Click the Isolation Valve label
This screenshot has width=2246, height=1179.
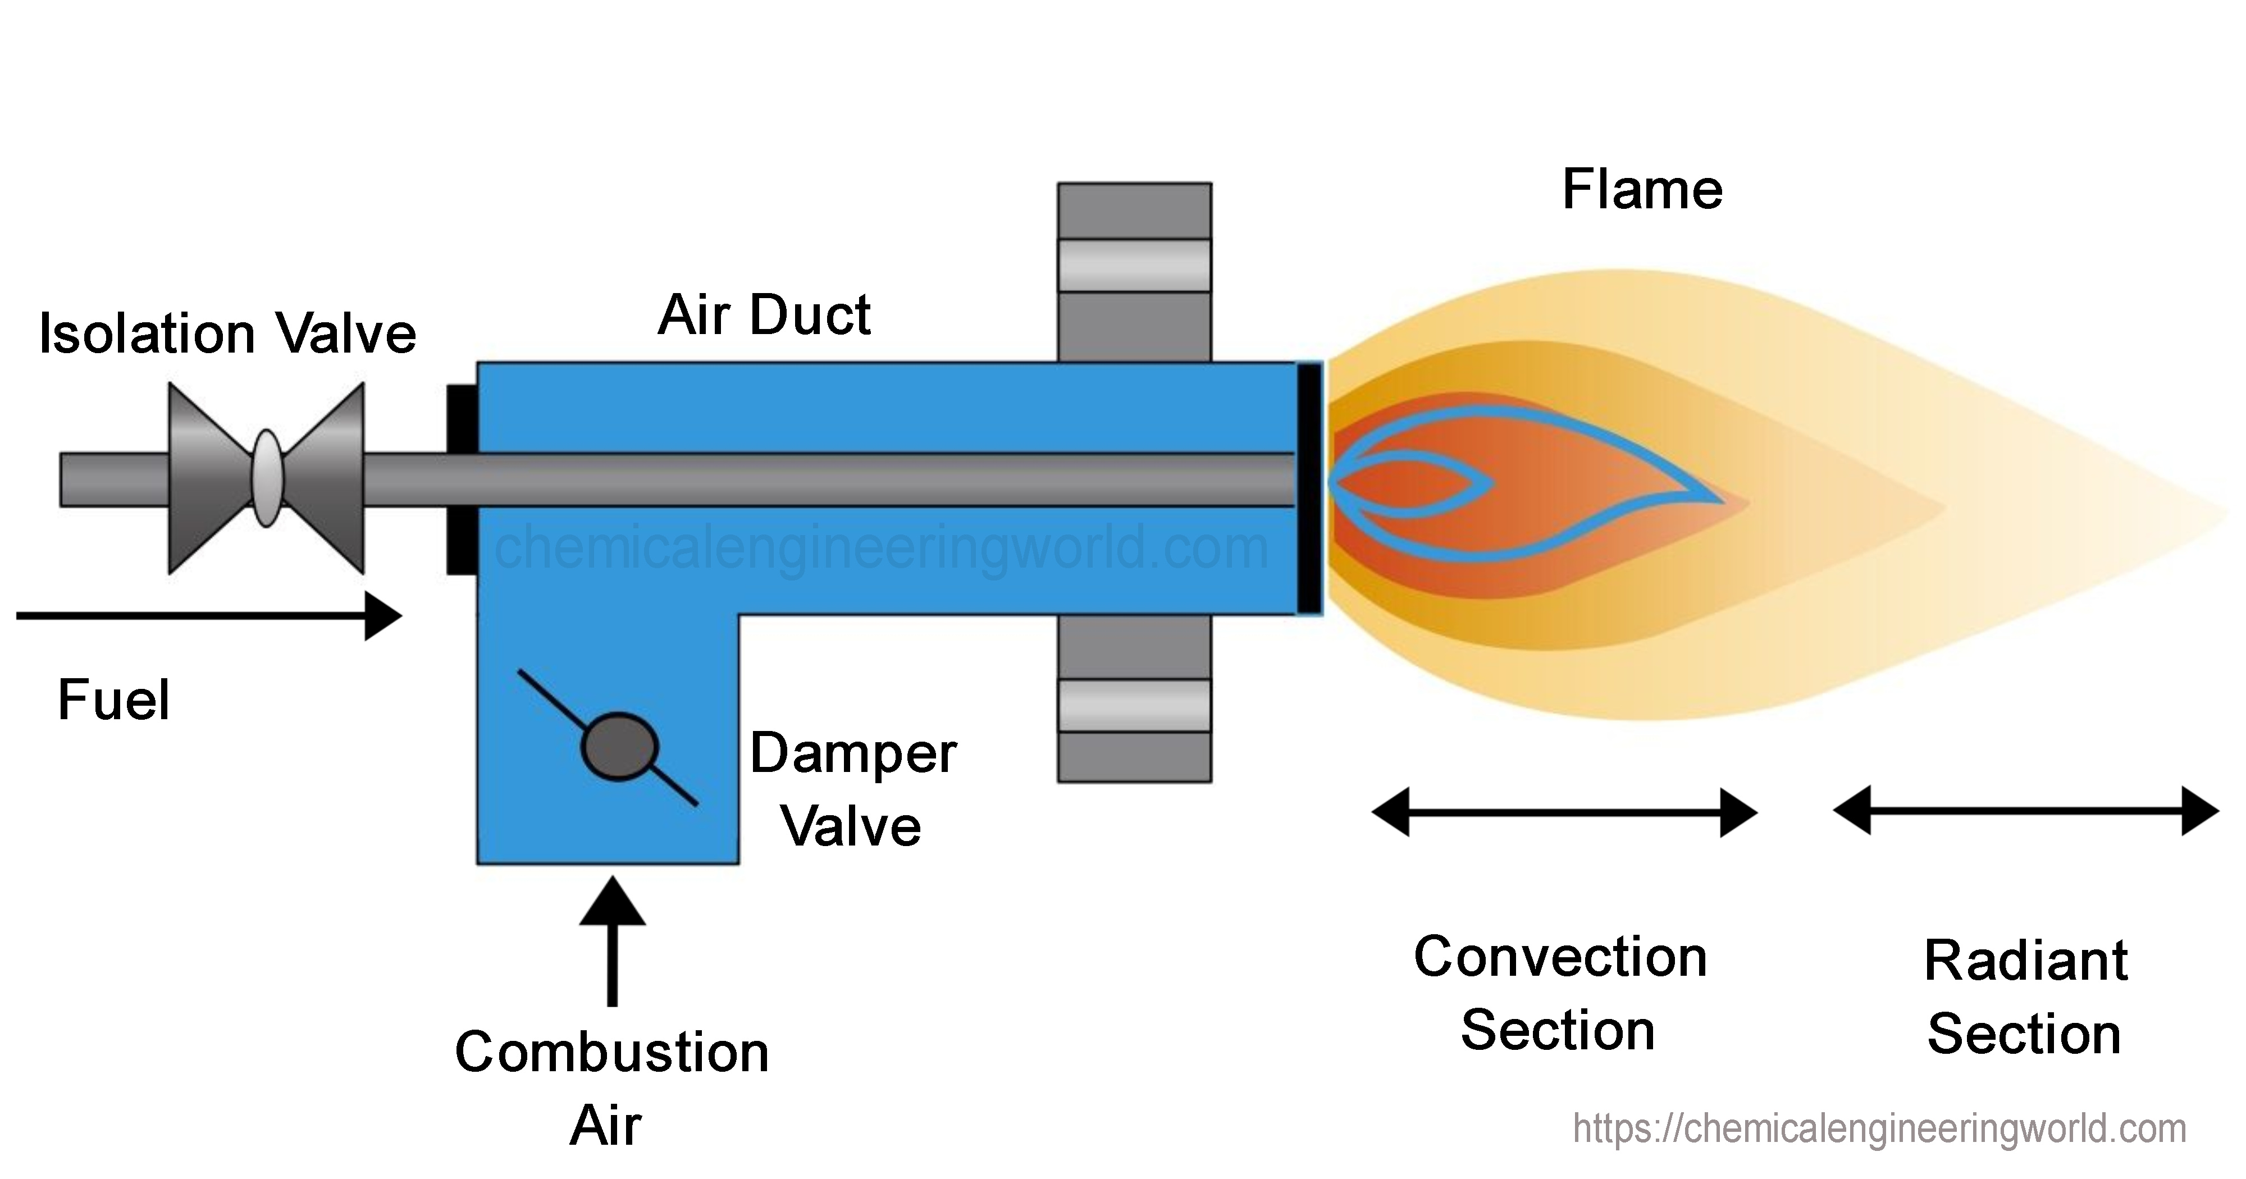[x=227, y=334]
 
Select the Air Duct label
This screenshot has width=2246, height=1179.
[x=764, y=315]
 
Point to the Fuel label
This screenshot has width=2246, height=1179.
[x=113, y=700]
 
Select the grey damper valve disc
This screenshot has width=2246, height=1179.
[x=619, y=746]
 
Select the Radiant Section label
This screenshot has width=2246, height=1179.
[x=2025, y=997]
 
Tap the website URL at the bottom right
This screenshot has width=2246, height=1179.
[x=1879, y=1128]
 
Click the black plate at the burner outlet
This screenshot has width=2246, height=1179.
[x=1309, y=488]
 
